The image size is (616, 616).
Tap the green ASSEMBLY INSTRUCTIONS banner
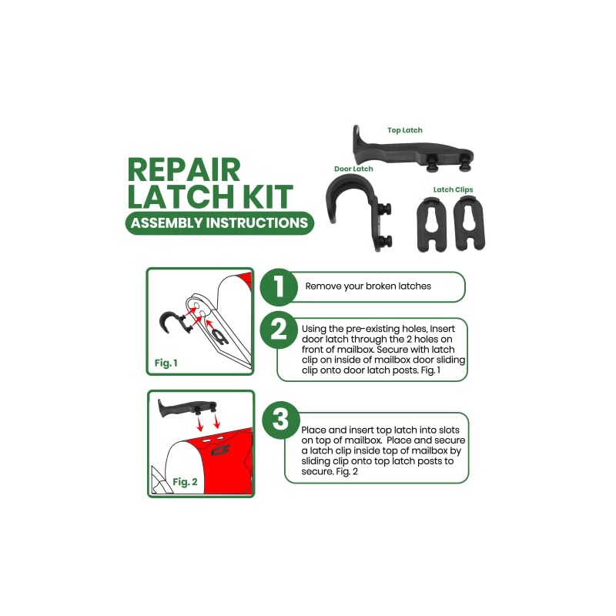click(219, 223)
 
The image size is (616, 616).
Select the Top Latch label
click(404, 131)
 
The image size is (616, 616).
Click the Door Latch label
click(353, 169)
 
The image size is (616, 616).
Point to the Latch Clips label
click(453, 189)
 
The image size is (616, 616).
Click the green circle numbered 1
click(278, 287)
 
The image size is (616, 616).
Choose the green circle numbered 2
click(278, 331)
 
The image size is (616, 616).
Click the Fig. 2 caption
click(185, 481)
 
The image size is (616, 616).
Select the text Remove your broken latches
click(368, 286)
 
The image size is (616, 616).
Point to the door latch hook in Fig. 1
click(169, 323)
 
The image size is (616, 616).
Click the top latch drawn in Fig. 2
click(185, 406)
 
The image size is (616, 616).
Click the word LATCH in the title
click(182, 196)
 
